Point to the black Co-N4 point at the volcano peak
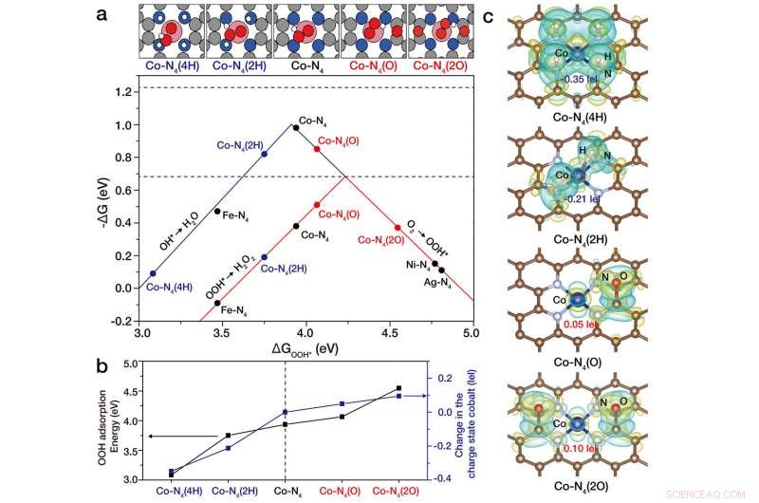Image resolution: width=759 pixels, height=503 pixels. point(296,127)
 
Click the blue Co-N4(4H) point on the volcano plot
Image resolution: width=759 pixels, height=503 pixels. point(153,273)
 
